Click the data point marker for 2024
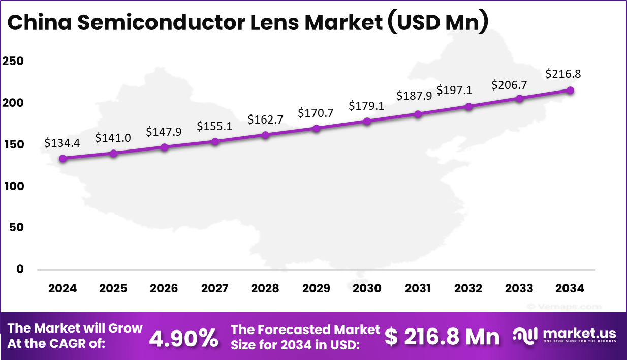[62, 159]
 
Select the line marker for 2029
[316, 128]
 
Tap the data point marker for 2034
[570, 91]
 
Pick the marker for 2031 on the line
[418, 114]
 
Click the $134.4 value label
[62, 143]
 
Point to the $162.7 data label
[265, 119]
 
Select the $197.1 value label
[454, 90]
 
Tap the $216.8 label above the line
[563, 74]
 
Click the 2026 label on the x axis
[164, 288]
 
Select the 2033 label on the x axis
[519, 288]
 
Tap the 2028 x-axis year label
[265, 288]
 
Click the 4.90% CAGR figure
[184, 337]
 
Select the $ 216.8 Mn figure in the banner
[442, 337]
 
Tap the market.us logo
[564, 336]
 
